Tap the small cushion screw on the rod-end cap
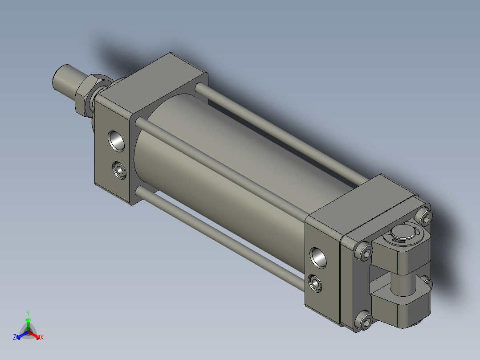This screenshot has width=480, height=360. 119,169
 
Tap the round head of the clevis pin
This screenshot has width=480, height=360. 403,234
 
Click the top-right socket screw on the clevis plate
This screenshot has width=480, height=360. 426,217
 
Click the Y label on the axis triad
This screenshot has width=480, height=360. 28,313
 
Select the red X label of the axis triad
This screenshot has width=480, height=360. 41,338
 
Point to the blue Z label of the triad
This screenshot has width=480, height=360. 15,338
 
